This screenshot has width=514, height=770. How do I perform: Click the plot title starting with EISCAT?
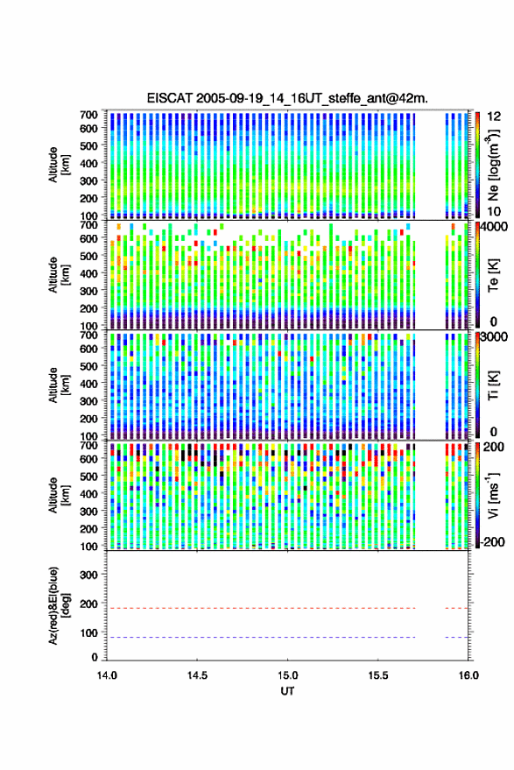tap(287, 98)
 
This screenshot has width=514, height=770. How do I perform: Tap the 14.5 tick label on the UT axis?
tap(197, 675)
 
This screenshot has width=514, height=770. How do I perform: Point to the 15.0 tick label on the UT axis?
tap(287, 675)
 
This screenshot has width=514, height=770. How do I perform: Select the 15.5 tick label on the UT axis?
tap(378, 675)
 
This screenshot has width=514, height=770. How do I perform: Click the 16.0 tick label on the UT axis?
tap(468, 675)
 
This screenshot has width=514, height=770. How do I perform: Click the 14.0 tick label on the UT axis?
tap(107, 675)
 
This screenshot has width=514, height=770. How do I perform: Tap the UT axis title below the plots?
tap(287, 691)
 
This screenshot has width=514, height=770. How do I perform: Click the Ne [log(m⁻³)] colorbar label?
tap(493, 165)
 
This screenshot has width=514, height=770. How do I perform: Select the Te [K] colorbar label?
tap(493, 275)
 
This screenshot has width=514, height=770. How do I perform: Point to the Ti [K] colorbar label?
tap(493, 385)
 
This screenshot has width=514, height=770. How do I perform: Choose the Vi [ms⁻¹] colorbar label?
tap(493, 496)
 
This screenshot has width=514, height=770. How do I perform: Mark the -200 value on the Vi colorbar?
tap(492, 542)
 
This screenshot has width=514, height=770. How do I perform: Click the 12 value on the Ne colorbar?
tap(494, 117)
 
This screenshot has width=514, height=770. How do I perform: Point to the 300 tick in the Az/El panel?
tap(88, 575)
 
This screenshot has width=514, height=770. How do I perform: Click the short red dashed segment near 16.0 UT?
tap(456, 608)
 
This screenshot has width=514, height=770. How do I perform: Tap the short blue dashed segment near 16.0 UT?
tap(456, 637)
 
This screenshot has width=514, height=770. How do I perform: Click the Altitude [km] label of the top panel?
tap(59, 165)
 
